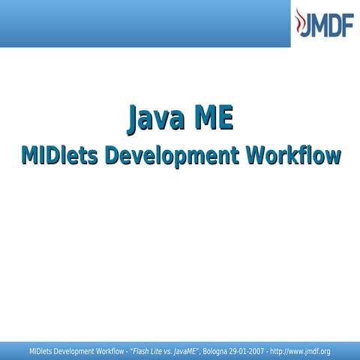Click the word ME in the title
(212, 119)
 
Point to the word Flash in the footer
(142, 351)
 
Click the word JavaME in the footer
(184, 351)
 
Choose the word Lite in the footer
(157, 351)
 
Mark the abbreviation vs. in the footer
(169, 351)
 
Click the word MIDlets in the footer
(40, 351)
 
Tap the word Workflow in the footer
(109, 351)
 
